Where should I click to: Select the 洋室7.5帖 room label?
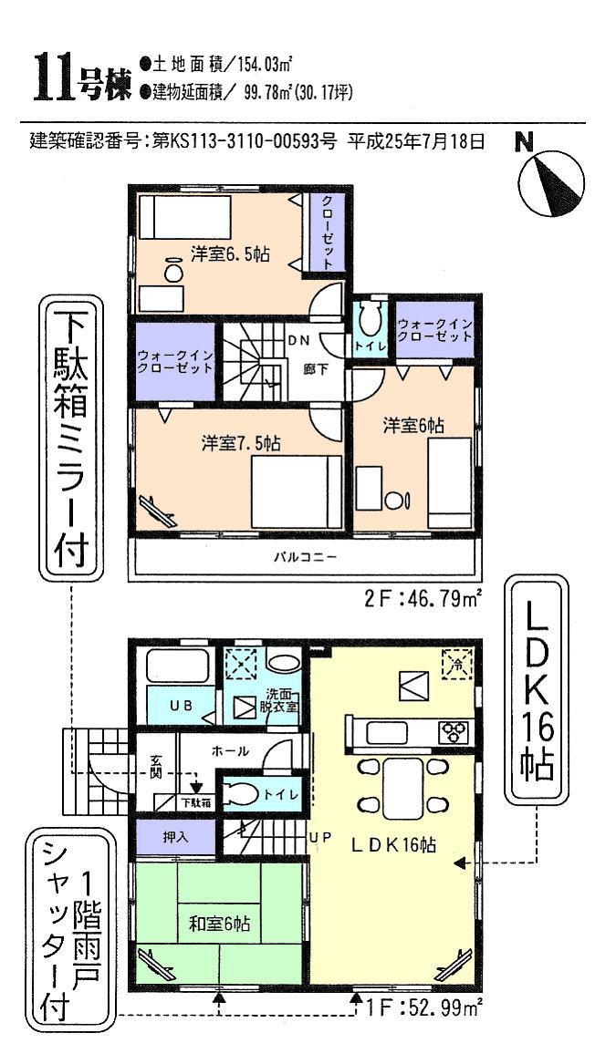point(240,443)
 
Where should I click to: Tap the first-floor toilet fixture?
point(243,793)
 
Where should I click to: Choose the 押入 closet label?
point(176,835)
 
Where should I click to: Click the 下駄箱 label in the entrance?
point(196,804)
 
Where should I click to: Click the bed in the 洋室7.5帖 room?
point(296,490)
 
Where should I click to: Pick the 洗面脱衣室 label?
point(280,699)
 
